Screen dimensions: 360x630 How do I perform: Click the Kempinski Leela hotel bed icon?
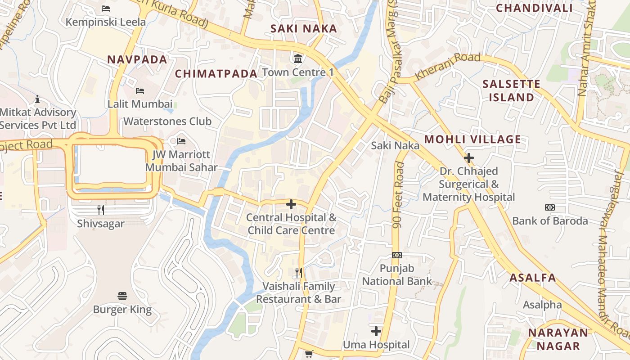click(x=106, y=8)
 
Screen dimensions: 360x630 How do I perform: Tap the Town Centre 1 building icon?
click(x=298, y=58)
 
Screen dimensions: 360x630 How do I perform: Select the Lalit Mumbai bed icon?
click(x=140, y=90)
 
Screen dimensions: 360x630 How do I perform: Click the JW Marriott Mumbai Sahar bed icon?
click(x=181, y=141)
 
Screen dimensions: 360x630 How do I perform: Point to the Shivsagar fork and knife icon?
click(x=101, y=210)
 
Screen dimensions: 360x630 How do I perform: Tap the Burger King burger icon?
click(x=122, y=296)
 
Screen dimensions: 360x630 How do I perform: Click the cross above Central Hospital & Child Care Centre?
click(x=291, y=204)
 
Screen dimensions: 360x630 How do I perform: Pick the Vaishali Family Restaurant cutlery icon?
click(x=298, y=272)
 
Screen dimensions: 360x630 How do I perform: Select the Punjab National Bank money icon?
click(x=396, y=255)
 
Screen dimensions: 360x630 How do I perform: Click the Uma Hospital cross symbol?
click(x=376, y=331)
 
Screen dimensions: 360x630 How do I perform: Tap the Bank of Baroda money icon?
click(x=550, y=207)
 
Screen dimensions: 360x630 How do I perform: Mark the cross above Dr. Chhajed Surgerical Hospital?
click(x=469, y=157)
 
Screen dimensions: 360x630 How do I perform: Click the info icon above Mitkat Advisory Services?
click(x=37, y=99)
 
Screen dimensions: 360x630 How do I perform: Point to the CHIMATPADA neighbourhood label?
click(x=216, y=74)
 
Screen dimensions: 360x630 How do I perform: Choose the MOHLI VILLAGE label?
click(x=472, y=139)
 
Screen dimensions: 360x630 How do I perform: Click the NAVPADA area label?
click(x=137, y=59)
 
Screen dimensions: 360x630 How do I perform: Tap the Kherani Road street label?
click(x=447, y=67)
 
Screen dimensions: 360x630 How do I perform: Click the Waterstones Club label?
click(x=167, y=121)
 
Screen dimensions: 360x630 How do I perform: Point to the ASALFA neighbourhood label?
click(x=533, y=278)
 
